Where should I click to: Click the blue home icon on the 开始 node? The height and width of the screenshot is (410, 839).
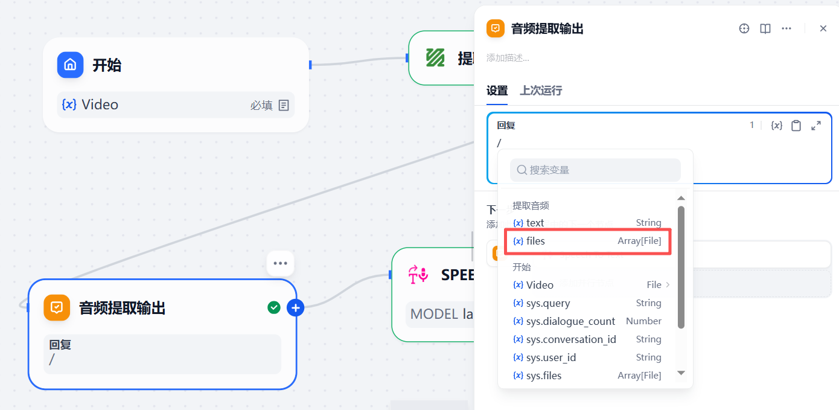70,65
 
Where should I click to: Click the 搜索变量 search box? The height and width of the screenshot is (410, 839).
595,170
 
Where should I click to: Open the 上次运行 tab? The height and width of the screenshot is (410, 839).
541,91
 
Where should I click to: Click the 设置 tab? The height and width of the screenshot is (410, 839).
497,91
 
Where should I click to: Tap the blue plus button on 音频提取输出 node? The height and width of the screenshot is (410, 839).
295,308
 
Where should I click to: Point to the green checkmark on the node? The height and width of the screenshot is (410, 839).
274,308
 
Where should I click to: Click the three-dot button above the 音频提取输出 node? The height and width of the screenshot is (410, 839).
280,263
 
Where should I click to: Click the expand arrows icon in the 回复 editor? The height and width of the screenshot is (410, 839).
816,126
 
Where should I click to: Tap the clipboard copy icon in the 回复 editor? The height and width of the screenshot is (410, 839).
796,126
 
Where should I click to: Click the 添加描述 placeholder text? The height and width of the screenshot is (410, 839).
508,58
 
